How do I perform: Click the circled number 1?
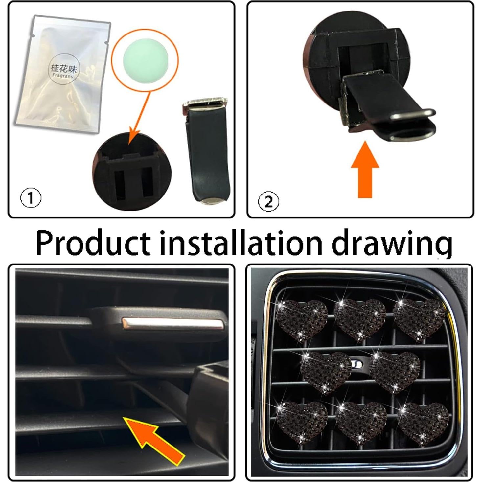tap(31, 198)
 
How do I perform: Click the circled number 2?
tap(268, 201)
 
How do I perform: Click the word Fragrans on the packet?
tap(63, 76)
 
